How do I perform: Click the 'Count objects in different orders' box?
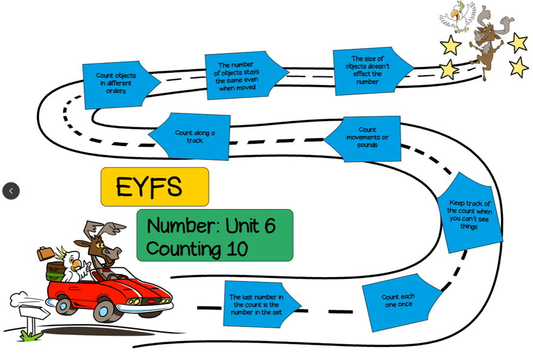(117, 84)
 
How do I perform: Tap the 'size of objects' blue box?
(368, 70)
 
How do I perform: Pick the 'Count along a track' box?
(194, 136)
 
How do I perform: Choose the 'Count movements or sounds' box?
(366, 138)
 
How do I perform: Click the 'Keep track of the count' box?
(469, 214)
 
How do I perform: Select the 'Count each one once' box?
(399, 301)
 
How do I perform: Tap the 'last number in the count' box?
(257, 304)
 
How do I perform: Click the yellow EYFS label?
(154, 187)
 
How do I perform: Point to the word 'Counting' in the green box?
(183, 248)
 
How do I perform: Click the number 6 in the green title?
(268, 225)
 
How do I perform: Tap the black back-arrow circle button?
(11, 191)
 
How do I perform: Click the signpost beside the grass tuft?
(33, 313)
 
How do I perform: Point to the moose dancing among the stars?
(488, 42)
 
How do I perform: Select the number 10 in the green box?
(237, 248)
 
